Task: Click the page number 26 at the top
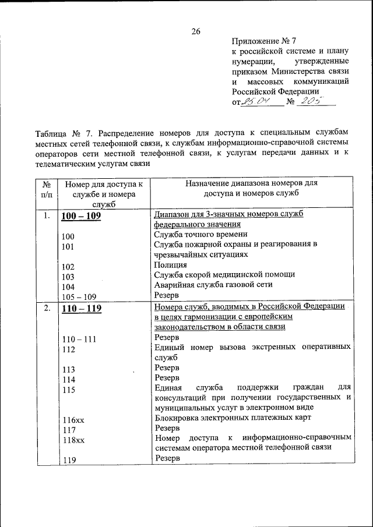195,31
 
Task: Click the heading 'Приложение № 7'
264,41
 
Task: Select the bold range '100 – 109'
81,215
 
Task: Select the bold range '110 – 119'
81,309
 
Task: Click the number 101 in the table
68,247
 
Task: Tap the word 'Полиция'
171,264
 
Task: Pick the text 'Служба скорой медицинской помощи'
224,274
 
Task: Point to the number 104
68,287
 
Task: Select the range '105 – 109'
79,297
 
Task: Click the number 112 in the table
68,349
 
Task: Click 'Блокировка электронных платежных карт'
233,417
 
